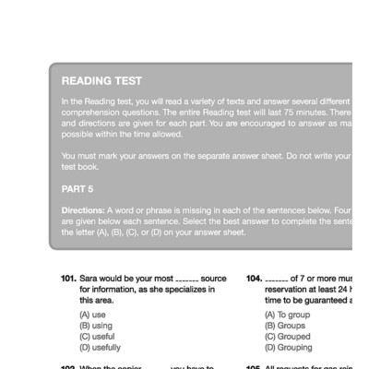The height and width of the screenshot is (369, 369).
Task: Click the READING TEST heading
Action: point(101,81)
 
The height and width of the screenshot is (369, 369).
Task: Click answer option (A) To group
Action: point(288,315)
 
